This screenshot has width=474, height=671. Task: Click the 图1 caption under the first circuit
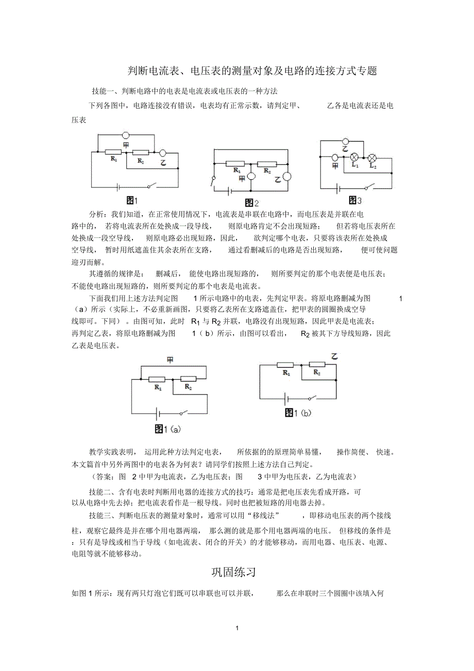point(132,200)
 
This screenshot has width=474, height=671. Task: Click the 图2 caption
point(251,202)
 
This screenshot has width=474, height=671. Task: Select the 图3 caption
point(355,200)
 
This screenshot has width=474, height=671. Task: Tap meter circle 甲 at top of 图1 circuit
point(125,135)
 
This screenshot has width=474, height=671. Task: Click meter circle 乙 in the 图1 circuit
point(162,153)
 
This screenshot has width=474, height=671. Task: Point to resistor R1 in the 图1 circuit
point(113,152)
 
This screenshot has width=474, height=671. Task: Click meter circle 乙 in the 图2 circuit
point(286,177)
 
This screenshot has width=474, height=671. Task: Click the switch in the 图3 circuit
point(369,187)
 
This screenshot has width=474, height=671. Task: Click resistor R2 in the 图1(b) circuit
point(317,365)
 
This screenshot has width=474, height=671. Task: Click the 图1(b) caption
point(298,412)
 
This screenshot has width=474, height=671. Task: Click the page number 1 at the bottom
point(236,628)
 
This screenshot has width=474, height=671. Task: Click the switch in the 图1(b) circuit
point(313,397)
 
